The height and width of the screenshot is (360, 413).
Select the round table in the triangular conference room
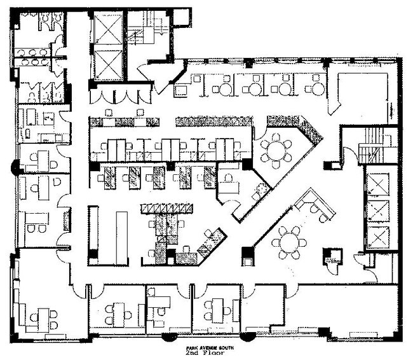[276, 151]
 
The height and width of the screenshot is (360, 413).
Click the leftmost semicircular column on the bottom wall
[170, 336]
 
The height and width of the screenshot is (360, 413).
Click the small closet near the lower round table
[332, 256]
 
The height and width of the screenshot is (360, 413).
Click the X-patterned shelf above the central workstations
[166, 209]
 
